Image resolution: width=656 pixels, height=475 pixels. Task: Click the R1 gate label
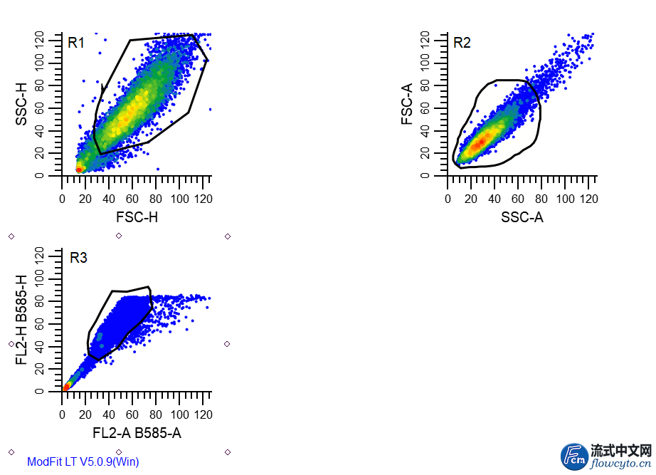(x=76, y=43)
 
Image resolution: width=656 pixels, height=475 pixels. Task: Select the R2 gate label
(x=462, y=43)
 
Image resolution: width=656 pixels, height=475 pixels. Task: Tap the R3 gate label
(x=78, y=258)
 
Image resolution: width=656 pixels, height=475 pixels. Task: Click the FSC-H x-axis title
(x=136, y=217)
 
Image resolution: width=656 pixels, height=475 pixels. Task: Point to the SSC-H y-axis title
(x=21, y=104)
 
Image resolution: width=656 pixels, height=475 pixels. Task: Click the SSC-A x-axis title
(x=522, y=217)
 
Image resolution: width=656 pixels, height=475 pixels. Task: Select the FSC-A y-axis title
(x=407, y=104)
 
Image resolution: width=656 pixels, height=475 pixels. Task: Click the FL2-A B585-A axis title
(x=136, y=432)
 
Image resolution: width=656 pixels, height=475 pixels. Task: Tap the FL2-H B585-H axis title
(x=21, y=319)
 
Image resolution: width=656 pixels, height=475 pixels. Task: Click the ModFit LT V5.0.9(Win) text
(x=83, y=461)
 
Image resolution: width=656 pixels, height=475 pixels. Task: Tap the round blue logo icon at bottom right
(x=574, y=456)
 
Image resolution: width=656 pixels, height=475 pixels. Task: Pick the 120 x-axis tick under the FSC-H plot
(x=202, y=199)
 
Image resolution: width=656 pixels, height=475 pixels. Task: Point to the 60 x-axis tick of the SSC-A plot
(x=518, y=199)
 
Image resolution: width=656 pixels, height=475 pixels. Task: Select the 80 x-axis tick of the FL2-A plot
(x=156, y=414)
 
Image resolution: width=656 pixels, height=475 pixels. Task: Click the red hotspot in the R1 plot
(x=79, y=169)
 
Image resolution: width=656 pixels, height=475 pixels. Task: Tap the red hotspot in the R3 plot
(x=65, y=387)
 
